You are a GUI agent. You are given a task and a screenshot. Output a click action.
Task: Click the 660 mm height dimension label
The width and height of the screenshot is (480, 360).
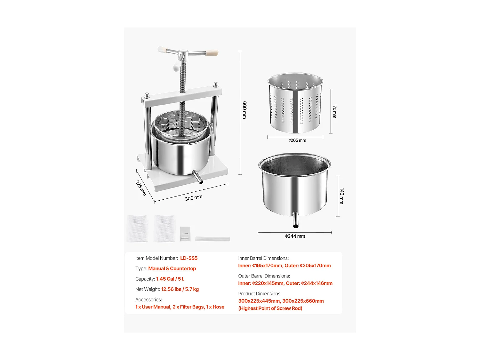(x=244, y=110)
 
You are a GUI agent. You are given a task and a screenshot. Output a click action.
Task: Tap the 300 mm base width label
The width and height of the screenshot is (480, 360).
(x=194, y=198)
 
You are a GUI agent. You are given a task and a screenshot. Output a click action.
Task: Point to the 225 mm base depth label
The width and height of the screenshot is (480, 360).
(x=140, y=188)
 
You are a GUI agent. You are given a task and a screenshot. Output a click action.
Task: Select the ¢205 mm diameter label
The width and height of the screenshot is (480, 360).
(x=297, y=140)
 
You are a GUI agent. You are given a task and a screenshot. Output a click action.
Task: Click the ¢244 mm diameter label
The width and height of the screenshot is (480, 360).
(x=295, y=236)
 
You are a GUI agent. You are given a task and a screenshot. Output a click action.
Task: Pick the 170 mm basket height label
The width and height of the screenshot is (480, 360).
(x=334, y=111)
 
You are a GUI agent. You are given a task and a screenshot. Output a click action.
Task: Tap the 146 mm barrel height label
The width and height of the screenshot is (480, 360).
(x=341, y=196)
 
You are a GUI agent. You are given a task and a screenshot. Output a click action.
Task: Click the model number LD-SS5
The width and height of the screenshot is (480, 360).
(x=189, y=258)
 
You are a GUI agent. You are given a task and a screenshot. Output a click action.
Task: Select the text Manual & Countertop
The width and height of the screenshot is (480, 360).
(x=172, y=268)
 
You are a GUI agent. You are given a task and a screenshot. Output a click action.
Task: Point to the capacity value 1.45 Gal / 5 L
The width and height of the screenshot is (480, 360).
(x=170, y=279)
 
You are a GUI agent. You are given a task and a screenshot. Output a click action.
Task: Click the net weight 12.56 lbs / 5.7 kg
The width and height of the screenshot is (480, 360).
(x=180, y=289)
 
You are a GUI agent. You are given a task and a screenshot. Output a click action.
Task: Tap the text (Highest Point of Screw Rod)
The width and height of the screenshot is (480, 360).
(x=270, y=308)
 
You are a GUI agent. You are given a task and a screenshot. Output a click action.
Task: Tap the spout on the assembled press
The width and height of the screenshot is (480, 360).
(x=197, y=177)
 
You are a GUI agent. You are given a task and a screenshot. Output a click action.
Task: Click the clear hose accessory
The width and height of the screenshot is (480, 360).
(x=212, y=239)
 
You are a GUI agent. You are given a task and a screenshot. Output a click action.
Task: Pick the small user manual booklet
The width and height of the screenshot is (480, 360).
(x=185, y=234)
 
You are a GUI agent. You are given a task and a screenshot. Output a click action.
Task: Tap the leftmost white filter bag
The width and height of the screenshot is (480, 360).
(x=137, y=228)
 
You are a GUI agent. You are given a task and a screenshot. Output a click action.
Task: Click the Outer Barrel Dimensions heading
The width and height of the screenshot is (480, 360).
(x=264, y=276)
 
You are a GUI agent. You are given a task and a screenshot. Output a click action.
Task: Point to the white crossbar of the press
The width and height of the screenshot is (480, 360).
(x=182, y=97)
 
